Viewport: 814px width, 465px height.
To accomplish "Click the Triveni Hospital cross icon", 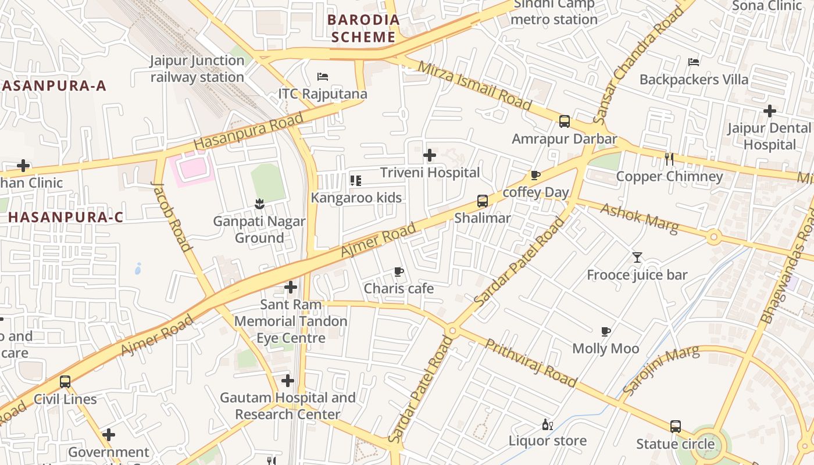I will pyautogui.click(x=430, y=155).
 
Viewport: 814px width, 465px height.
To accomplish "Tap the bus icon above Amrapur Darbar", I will pyautogui.click(x=564, y=121).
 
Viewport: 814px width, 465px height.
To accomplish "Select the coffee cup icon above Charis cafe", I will pyautogui.click(x=398, y=271).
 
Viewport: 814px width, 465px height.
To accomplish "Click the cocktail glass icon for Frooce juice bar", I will pyautogui.click(x=637, y=257).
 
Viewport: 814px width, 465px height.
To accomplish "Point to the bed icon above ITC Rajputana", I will pyautogui.click(x=323, y=76).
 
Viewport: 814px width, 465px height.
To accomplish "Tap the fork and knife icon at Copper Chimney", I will pyautogui.click(x=669, y=159).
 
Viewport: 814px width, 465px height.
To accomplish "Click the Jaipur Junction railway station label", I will pyautogui.click(x=197, y=69).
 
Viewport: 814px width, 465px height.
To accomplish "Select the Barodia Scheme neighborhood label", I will pyautogui.click(x=363, y=28).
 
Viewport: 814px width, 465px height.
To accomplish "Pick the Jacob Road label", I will pyautogui.click(x=172, y=216).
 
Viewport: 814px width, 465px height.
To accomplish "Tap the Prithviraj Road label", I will pyautogui.click(x=530, y=363).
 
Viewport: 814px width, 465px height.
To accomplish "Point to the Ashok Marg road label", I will pyautogui.click(x=639, y=219).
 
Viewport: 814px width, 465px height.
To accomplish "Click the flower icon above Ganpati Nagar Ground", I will pyautogui.click(x=259, y=203).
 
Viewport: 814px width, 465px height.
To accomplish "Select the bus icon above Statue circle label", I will pyautogui.click(x=675, y=426).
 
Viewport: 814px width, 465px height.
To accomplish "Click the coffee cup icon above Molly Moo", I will pyautogui.click(x=605, y=331).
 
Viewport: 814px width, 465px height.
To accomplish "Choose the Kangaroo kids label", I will pyautogui.click(x=356, y=198).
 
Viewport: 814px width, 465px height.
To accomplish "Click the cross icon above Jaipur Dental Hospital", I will pyautogui.click(x=770, y=110).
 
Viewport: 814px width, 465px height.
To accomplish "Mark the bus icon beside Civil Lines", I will pyautogui.click(x=65, y=382).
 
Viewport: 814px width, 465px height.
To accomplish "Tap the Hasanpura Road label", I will pyautogui.click(x=248, y=131).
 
